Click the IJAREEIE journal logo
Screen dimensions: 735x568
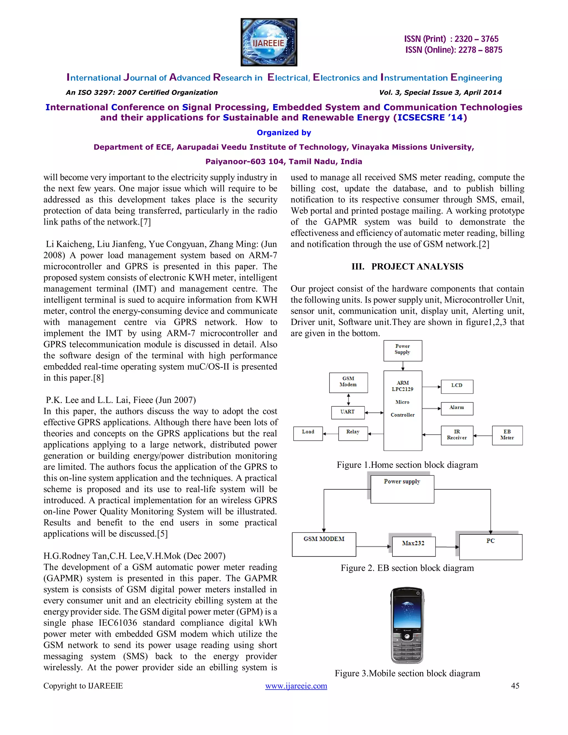(x=269, y=42)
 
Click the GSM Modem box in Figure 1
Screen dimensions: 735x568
(x=348, y=383)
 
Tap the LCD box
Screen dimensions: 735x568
(x=457, y=386)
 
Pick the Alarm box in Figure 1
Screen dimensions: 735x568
(x=457, y=409)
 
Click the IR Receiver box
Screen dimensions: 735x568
(x=457, y=435)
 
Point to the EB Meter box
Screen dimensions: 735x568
(x=507, y=435)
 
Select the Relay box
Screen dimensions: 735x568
(x=353, y=433)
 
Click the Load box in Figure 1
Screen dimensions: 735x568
(x=308, y=433)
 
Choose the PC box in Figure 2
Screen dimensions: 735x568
(x=490, y=547)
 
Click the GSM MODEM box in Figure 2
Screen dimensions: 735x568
(x=324, y=544)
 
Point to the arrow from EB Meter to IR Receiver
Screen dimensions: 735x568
(x=483, y=435)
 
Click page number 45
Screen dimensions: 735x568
(x=515, y=686)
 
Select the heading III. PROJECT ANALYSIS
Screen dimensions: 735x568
(x=407, y=267)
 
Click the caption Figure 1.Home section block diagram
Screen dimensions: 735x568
(x=407, y=465)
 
